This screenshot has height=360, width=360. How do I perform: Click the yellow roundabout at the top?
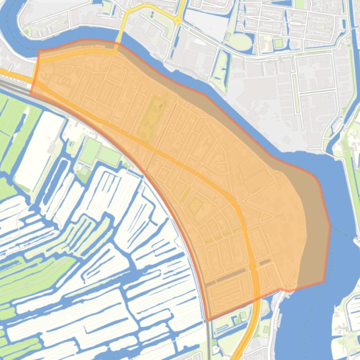178,20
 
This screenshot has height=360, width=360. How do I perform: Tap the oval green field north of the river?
241,41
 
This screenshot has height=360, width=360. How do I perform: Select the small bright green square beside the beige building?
279,43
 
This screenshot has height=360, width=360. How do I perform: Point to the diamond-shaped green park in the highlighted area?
195,206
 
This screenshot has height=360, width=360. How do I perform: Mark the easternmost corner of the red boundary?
330,228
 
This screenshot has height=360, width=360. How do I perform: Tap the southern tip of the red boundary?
208,320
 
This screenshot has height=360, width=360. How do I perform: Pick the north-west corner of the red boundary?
38,50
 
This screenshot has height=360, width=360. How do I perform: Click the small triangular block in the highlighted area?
266,217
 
